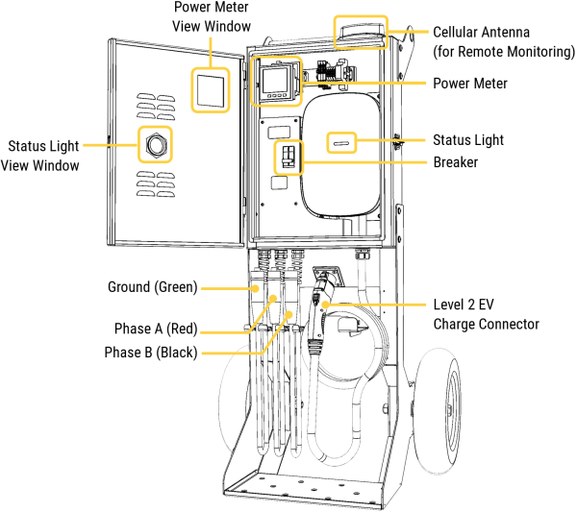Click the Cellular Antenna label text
[x=503, y=41]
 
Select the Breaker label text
[x=455, y=162]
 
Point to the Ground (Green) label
[x=154, y=287]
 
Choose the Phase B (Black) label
[x=151, y=353]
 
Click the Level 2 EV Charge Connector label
[x=486, y=314]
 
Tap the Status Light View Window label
[x=43, y=156]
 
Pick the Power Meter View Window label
[x=213, y=16]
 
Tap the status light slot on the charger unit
[x=341, y=142]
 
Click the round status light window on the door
[x=154, y=146]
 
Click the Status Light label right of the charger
[x=468, y=140]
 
